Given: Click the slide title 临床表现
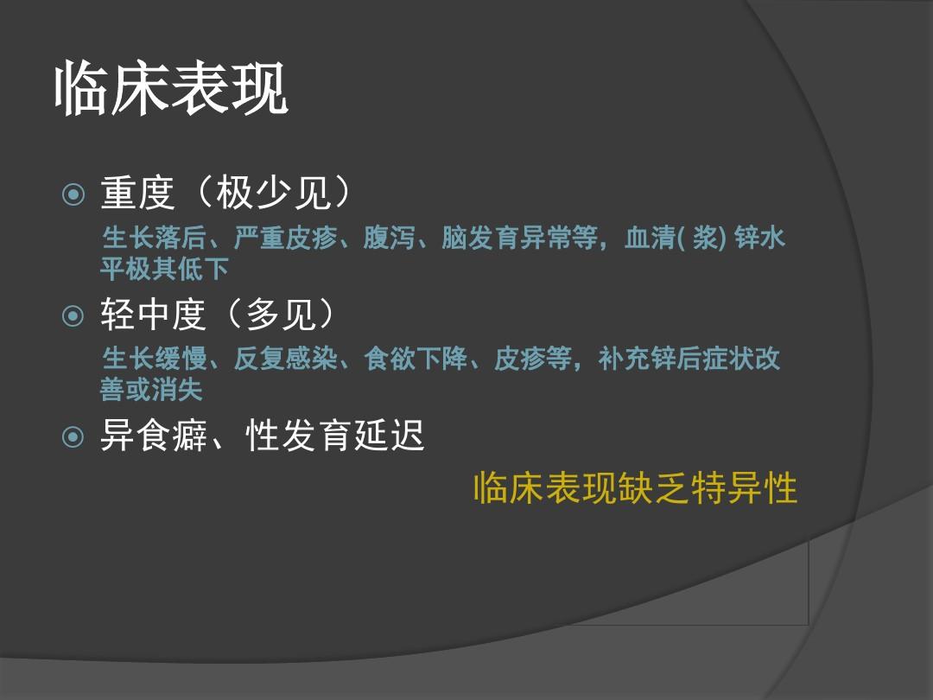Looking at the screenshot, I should click(171, 89).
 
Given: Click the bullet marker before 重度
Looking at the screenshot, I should click(74, 194).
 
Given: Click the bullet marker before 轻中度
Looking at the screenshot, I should click(74, 316).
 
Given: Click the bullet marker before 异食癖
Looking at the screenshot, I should click(74, 437).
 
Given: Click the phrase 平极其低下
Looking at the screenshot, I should click(164, 270).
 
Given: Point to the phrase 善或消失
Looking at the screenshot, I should click(151, 390).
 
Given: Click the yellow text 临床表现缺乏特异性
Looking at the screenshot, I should click(635, 489).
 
